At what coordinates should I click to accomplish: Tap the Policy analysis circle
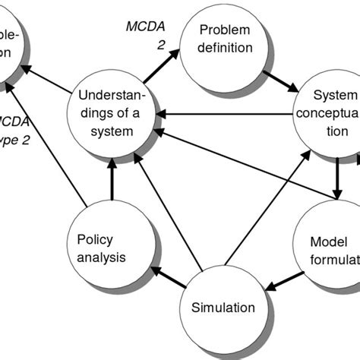(x=101, y=247)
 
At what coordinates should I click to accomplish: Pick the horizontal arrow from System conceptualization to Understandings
(x=228, y=115)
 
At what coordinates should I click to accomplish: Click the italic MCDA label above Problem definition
(x=144, y=27)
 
